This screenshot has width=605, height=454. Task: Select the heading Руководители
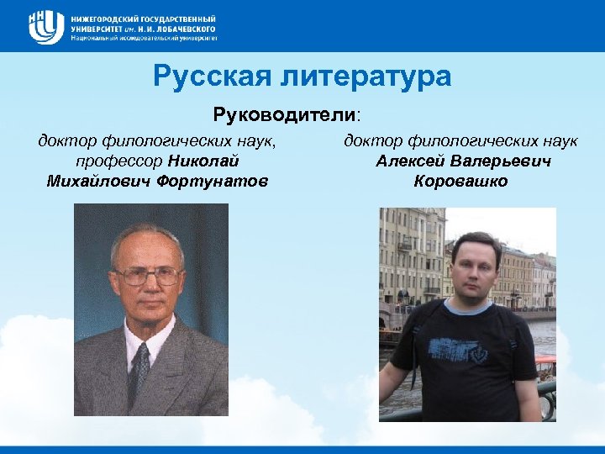[x=286, y=113]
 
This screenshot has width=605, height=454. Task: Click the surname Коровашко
[x=460, y=181]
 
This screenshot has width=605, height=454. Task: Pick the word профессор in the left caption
[x=119, y=161]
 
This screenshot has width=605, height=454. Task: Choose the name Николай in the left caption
[x=204, y=161]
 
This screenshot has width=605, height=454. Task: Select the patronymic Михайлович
[x=100, y=181]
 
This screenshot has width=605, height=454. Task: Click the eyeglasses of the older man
[x=146, y=274]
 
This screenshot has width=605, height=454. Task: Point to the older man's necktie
[x=139, y=371]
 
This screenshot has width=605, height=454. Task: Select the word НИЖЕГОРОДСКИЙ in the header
[x=106, y=18]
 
